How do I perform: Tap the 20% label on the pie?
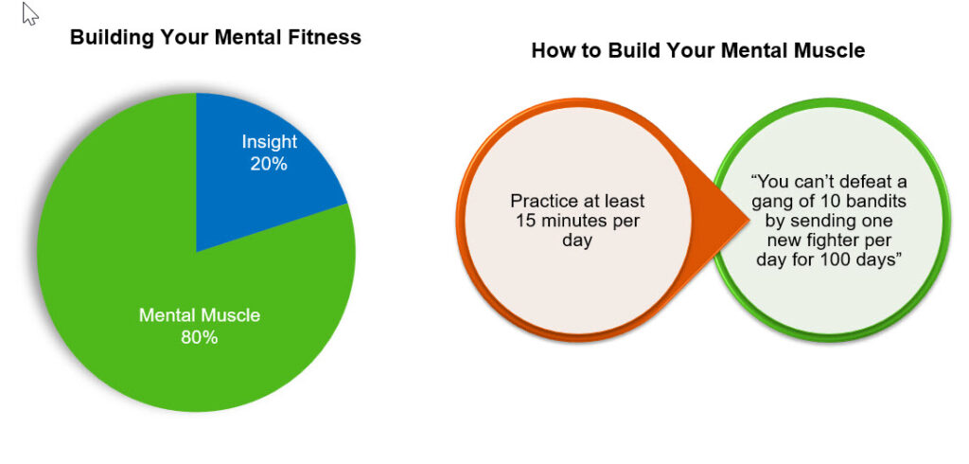point(269,164)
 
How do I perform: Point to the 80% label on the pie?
point(199,337)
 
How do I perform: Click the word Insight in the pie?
point(270,142)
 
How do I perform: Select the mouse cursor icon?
point(29,13)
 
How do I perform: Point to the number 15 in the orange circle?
point(524,221)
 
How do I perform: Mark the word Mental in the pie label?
point(165,315)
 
